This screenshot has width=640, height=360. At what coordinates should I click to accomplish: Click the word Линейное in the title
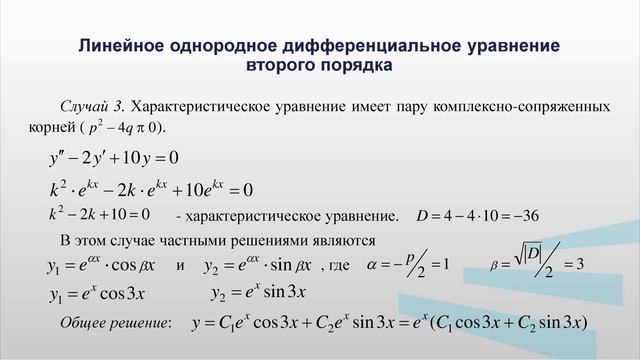119,46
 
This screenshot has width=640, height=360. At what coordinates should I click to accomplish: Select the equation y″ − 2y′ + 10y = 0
114,158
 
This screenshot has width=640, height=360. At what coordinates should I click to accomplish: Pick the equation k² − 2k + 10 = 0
99,214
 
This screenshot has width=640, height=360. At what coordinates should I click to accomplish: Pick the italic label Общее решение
115,322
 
